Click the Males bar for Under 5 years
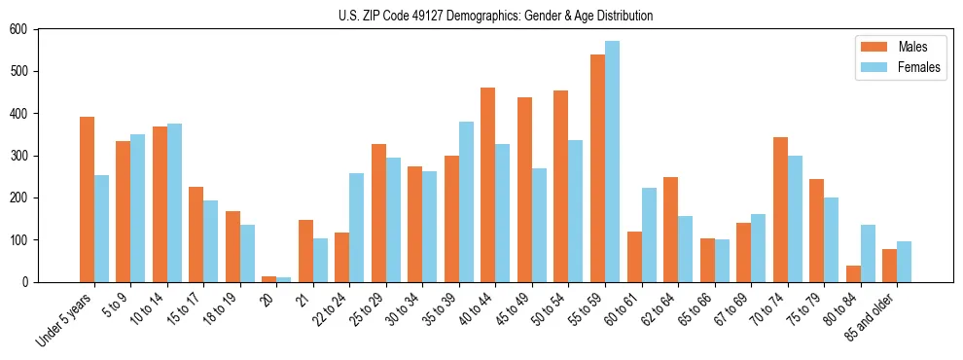pos(87,199)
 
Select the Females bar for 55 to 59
pos(612,162)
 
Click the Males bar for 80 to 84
pos(853,273)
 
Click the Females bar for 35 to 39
pos(466,201)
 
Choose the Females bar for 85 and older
pos(904,262)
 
